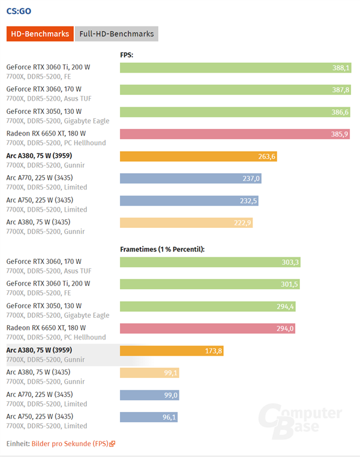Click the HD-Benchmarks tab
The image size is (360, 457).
[x=40, y=34]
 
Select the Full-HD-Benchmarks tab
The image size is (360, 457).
[x=116, y=34]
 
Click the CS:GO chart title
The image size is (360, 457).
[x=19, y=10]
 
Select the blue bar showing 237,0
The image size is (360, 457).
[x=191, y=178]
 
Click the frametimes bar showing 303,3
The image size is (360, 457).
[x=211, y=262]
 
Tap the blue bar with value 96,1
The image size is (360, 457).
[x=149, y=417]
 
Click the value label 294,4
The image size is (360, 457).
[x=284, y=306]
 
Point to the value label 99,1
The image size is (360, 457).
[x=169, y=373]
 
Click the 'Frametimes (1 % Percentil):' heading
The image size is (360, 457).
[x=162, y=248]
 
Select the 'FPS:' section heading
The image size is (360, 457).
[x=127, y=55]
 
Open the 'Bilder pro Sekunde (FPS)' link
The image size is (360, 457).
[x=70, y=444]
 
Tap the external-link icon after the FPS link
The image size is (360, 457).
[x=112, y=444]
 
